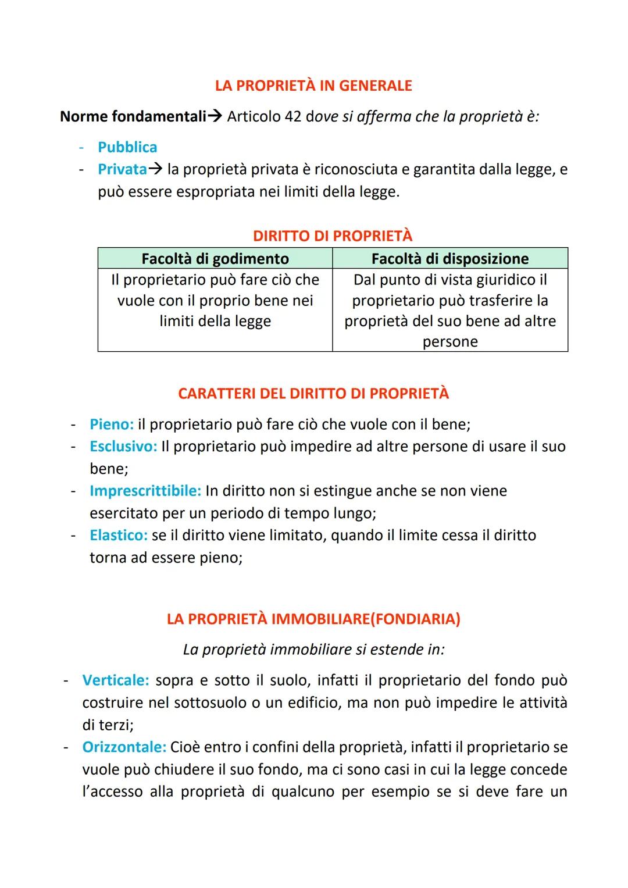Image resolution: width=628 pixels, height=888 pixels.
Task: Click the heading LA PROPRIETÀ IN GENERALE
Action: (x=313, y=86)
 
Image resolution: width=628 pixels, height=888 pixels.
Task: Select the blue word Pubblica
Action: (x=127, y=147)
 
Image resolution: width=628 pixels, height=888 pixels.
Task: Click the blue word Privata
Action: (x=122, y=169)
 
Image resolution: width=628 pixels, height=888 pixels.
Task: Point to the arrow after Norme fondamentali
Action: (x=215, y=117)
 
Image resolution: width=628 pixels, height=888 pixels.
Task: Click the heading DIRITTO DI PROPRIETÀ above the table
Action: (x=333, y=236)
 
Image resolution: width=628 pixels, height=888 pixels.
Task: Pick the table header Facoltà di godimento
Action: (x=215, y=258)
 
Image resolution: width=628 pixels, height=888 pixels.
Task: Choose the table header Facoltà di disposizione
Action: (x=450, y=258)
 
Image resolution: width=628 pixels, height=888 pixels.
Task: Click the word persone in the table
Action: (x=450, y=342)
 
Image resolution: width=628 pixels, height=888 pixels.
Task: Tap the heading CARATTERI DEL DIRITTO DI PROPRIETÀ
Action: (x=313, y=394)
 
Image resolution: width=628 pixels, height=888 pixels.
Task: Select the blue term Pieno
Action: (x=111, y=425)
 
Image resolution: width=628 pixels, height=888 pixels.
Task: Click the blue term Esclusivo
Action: (x=123, y=447)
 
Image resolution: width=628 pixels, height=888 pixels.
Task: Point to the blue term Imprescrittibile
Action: (x=145, y=491)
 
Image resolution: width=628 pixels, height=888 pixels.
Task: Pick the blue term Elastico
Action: (x=118, y=535)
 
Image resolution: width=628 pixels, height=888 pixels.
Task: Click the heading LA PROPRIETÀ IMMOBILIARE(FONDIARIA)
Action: (x=313, y=619)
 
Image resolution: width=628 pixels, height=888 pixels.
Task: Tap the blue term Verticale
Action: (x=115, y=680)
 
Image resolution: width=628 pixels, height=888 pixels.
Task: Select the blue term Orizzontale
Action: (x=124, y=747)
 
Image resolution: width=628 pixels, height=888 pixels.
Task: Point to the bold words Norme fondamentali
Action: (x=133, y=117)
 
